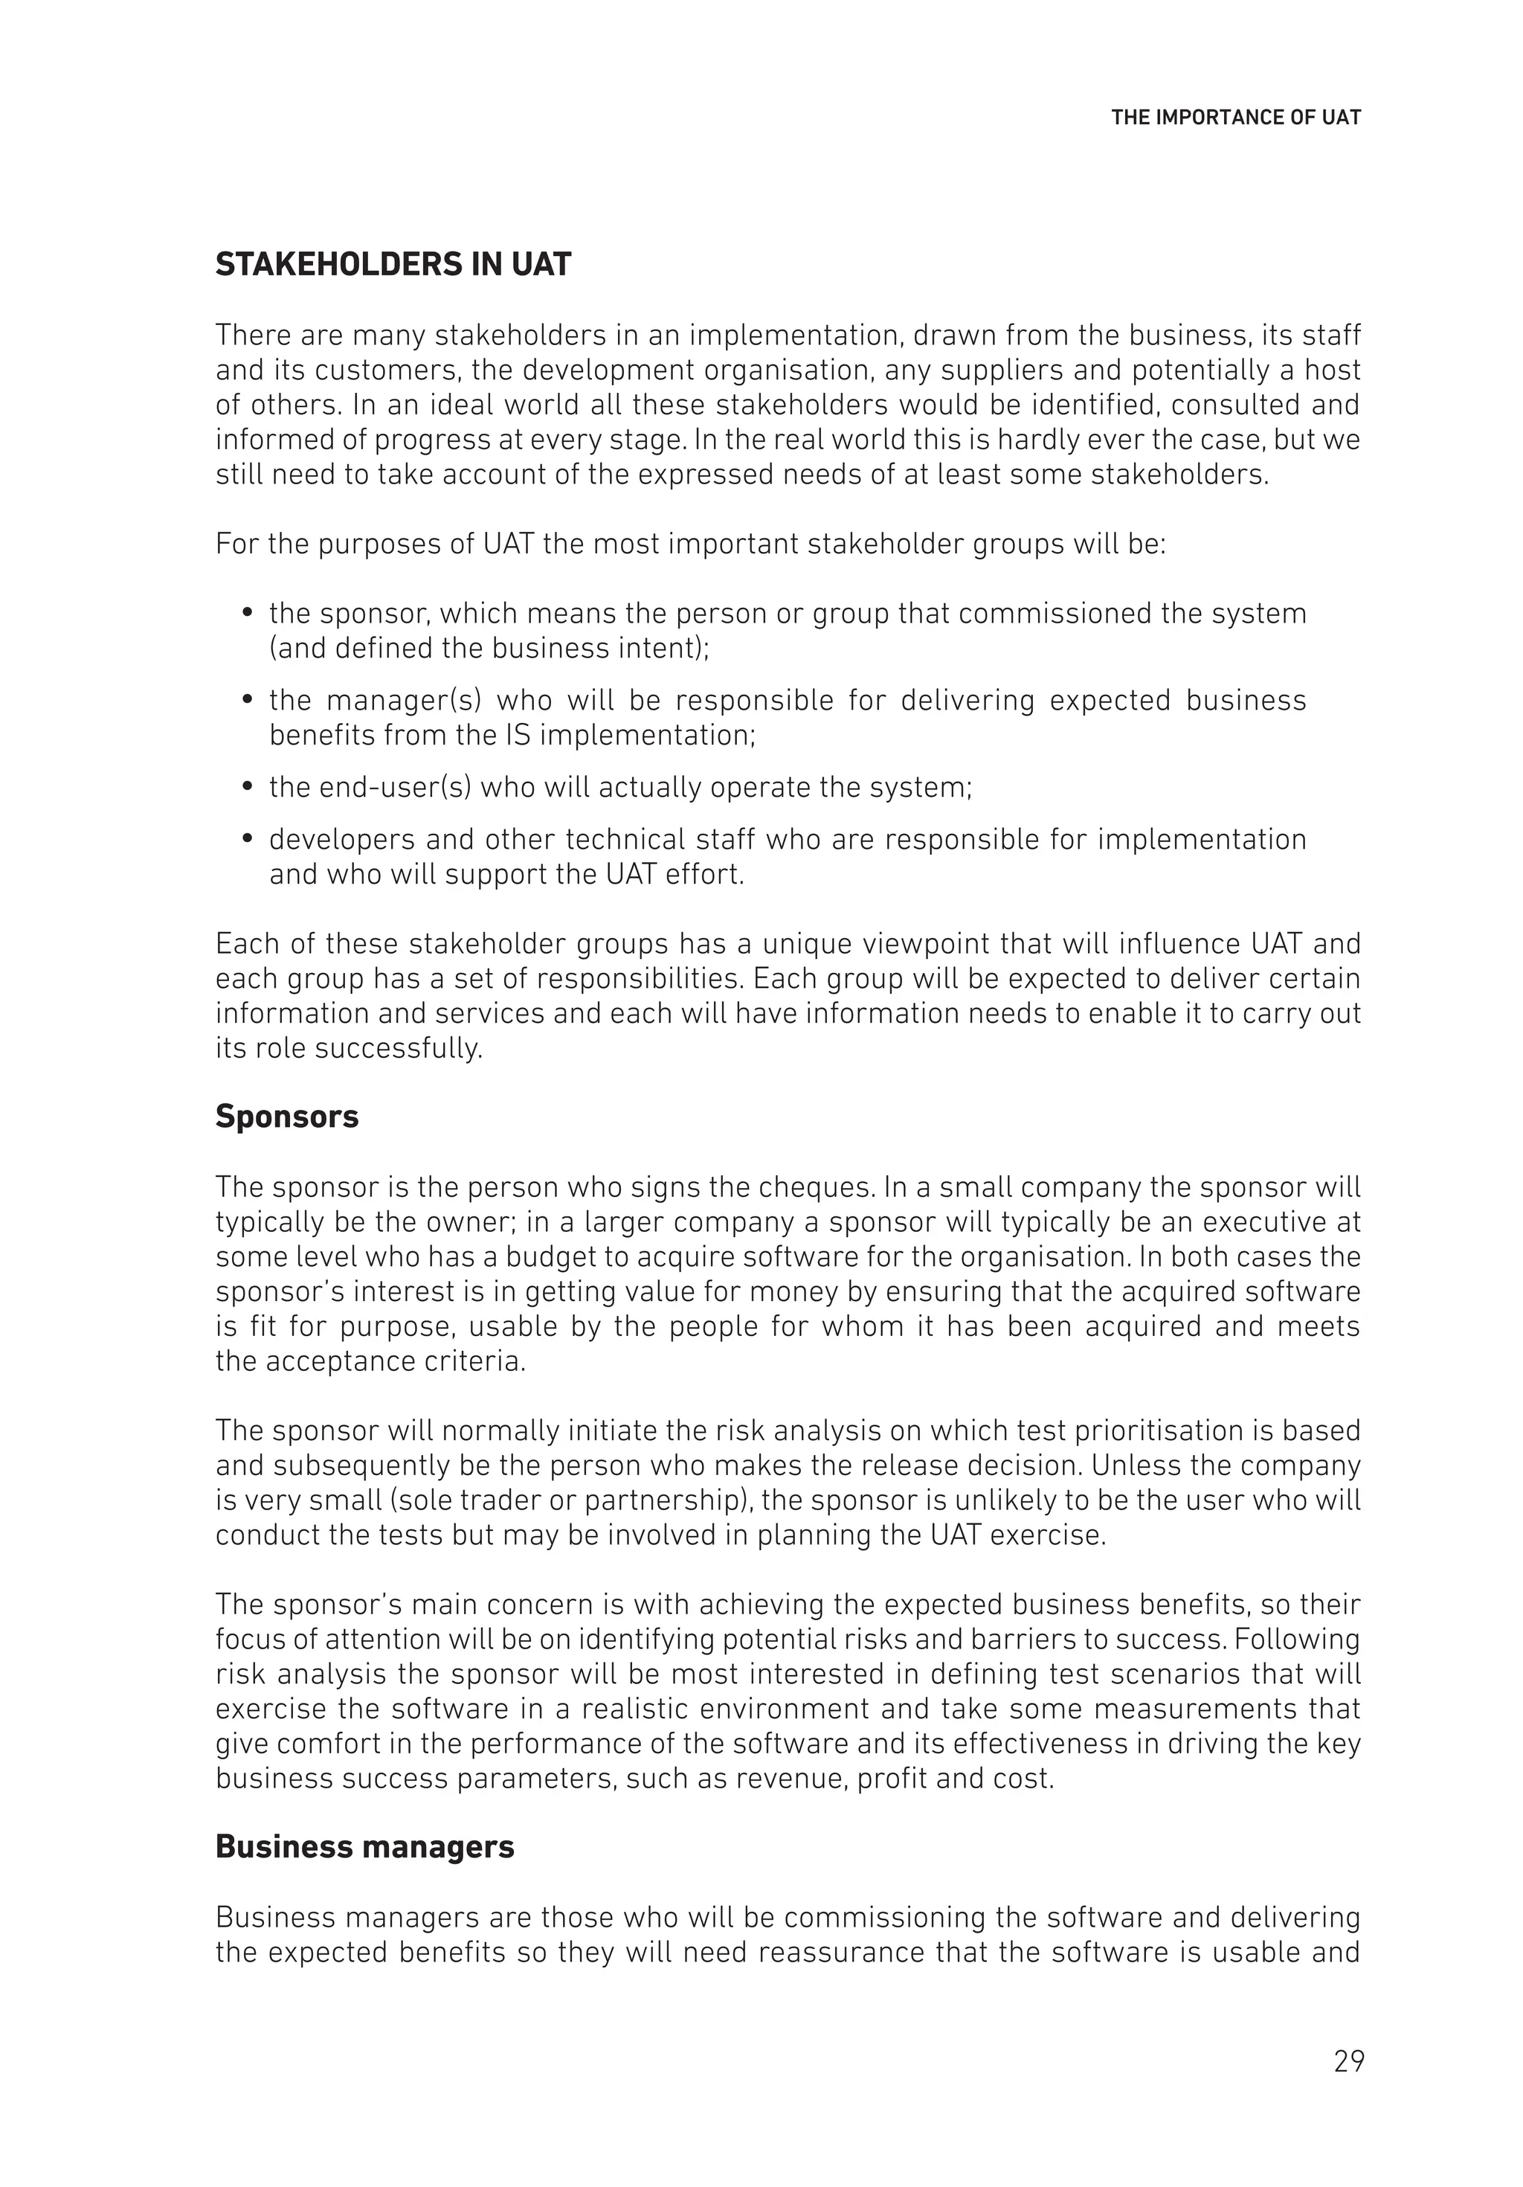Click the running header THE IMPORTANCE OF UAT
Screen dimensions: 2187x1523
(1235, 118)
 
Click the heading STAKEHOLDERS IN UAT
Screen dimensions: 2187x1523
(393, 264)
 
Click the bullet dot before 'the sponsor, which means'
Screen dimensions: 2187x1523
(248, 614)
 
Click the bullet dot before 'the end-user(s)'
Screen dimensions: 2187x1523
(248, 787)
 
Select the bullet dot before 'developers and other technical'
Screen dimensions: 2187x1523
(248, 839)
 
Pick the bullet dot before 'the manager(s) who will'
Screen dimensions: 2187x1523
(248, 700)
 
